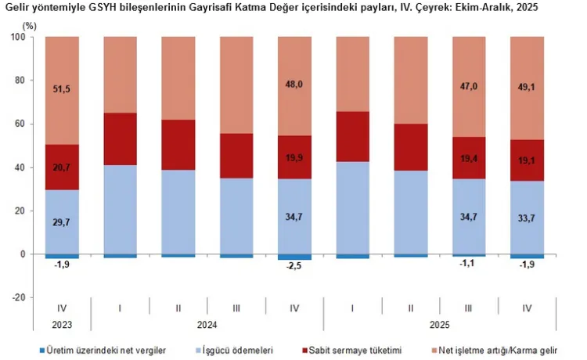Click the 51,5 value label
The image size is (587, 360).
61,89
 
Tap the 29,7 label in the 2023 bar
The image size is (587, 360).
61,222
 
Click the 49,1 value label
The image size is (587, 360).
527,89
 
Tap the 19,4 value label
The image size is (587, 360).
469,158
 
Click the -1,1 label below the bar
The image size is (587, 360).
469,265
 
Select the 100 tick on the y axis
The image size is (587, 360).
18,37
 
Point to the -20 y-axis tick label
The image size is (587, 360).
18,298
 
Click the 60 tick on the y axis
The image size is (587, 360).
21,124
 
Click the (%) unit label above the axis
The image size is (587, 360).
31,26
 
